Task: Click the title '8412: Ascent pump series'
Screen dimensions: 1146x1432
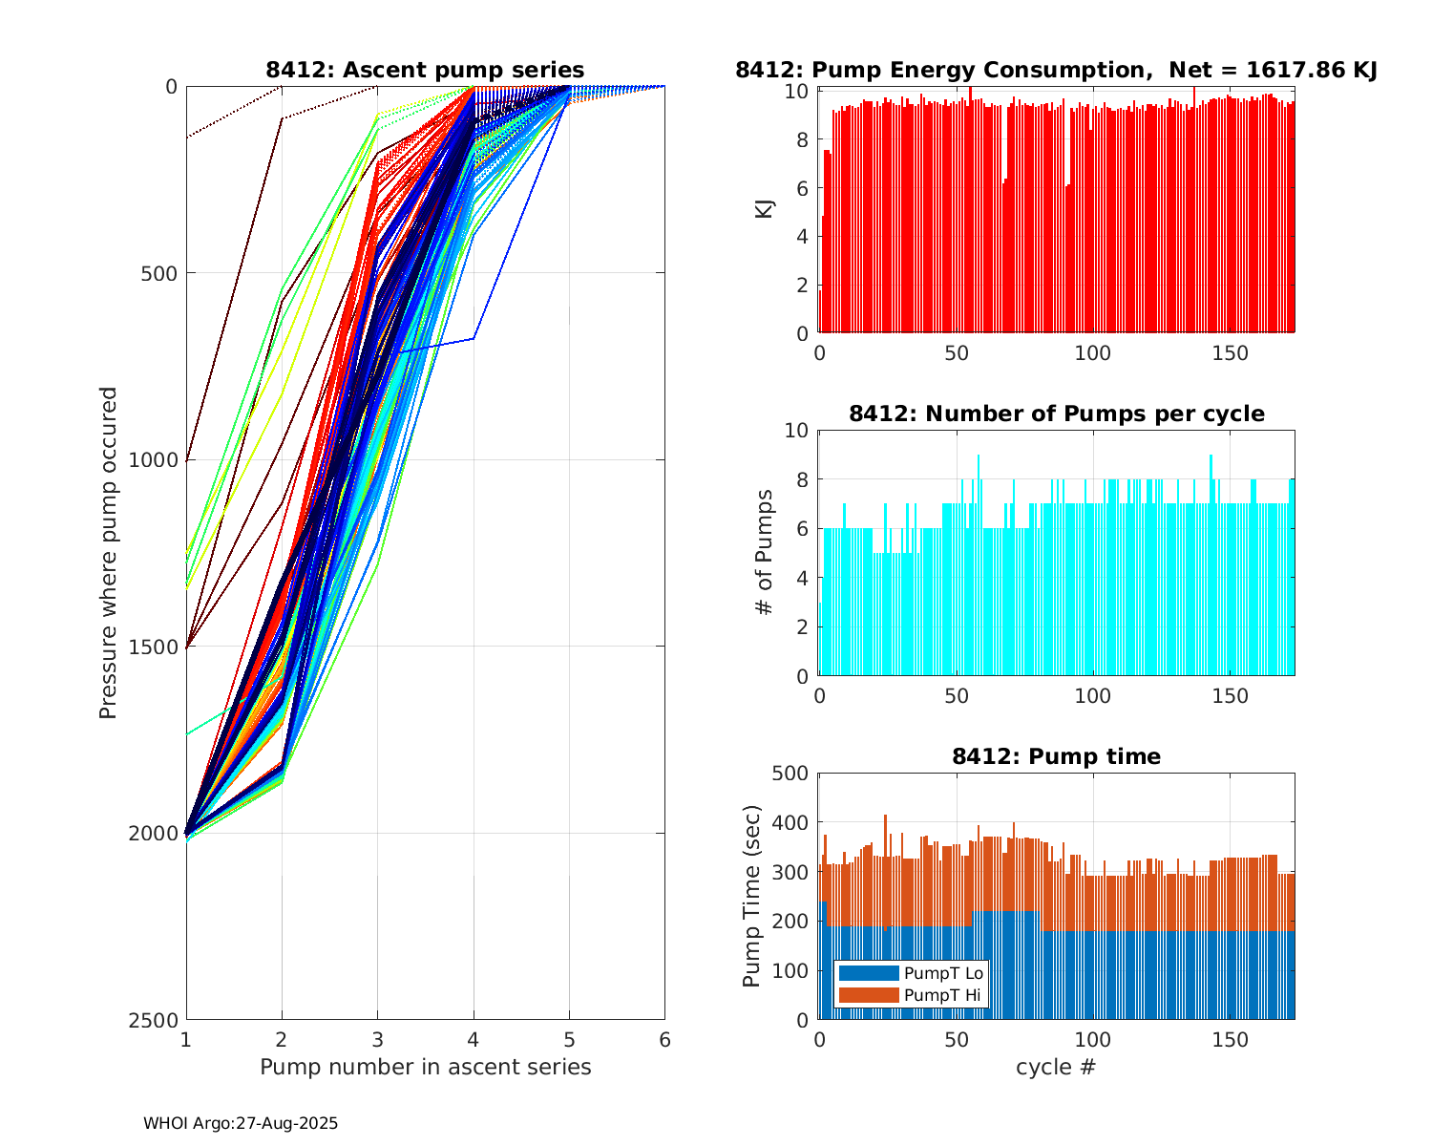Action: click(425, 70)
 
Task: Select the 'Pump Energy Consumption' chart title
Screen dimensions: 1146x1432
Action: click(1056, 70)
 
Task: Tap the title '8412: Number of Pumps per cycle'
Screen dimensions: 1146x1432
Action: click(1056, 414)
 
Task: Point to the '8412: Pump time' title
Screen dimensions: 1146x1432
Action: click(1056, 756)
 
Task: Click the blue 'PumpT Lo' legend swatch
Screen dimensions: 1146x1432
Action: click(869, 973)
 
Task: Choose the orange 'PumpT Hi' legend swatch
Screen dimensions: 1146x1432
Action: click(869, 995)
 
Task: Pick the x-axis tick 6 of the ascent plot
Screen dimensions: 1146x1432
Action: click(664, 1040)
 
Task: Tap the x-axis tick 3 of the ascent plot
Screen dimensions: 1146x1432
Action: click(377, 1040)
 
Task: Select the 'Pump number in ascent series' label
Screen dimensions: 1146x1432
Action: click(425, 1067)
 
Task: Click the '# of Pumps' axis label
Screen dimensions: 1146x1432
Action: click(764, 552)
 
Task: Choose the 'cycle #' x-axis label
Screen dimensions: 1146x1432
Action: click(1056, 1067)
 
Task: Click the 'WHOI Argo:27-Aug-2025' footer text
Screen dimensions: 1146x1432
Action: click(241, 1124)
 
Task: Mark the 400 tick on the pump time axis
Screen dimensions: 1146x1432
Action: click(795, 822)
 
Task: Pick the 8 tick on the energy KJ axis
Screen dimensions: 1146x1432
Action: click(803, 140)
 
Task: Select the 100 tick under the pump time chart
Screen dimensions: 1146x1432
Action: click(1092, 1040)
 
